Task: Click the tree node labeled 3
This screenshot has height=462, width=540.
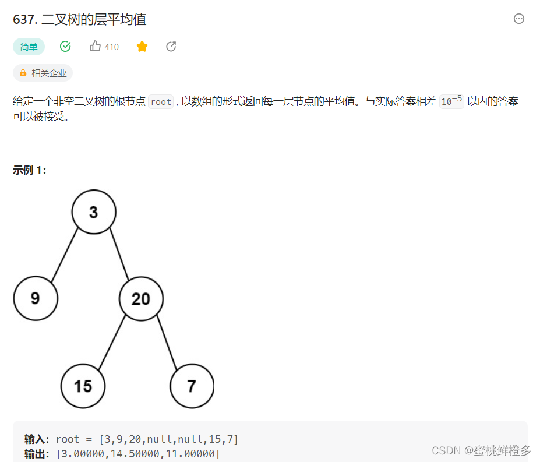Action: (x=94, y=213)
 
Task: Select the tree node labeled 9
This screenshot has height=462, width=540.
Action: (x=36, y=298)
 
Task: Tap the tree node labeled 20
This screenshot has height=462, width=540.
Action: (x=141, y=299)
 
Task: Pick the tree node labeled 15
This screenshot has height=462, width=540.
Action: (x=83, y=386)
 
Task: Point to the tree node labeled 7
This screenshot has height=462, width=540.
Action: (x=192, y=386)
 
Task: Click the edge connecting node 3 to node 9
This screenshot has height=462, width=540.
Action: (x=65, y=255)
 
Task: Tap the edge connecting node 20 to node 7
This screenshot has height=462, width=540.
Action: (x=166, y=342)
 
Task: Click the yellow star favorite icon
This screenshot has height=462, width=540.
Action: (x=142, y=47)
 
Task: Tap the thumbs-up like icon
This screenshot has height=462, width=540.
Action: (x=95, y=47)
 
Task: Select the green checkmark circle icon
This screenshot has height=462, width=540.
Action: (x=65, y=47)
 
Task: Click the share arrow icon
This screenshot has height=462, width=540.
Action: (x=171, y=47)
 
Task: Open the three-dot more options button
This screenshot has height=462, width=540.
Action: (x=519, y=19)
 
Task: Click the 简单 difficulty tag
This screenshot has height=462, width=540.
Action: (x=29, y=47)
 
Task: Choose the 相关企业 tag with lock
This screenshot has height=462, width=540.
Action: (x=43, y=73)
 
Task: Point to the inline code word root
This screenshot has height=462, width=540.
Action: (x=161, y=102)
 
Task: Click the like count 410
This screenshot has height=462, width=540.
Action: (x=111, y=47)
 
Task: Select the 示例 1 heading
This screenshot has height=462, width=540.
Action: (x=29, y=170)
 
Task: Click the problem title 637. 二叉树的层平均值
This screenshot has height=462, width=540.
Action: (x=79, y=19)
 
